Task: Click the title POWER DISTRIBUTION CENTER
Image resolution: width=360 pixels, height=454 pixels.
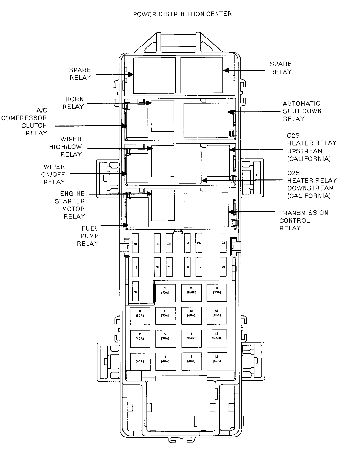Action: coord(182,14)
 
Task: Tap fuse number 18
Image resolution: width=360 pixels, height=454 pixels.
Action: coord(135,243)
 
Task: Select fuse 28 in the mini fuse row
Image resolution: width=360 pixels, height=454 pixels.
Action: coord(223,243)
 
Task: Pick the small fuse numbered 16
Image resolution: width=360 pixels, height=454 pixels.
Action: coord(135,291)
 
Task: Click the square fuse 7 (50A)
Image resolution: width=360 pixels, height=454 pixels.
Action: coord(165,293)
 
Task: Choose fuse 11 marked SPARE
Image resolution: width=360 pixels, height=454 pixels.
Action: coord(191,293)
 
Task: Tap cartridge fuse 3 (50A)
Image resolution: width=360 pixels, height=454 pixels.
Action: coord(140,316)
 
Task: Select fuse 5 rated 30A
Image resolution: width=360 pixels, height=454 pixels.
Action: coord(165,339)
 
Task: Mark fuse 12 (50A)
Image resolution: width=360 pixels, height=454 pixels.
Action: coord(217,361)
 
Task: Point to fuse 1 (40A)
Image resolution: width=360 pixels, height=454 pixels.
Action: coord(140,361)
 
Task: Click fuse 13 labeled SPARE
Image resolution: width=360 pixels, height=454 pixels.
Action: coord(217,338)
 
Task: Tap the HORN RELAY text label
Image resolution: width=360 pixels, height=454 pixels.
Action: coord(73,103)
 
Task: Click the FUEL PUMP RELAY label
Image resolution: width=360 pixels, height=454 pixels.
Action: coord(88,236)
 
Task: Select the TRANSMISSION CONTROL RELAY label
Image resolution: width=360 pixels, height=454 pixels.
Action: coord(303,220)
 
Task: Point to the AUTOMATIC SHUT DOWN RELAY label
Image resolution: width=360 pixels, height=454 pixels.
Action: coord(302,111)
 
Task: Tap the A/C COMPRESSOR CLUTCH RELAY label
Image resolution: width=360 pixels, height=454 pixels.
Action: coord(28,122)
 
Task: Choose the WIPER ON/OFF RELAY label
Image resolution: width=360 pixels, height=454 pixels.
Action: coord(54,174)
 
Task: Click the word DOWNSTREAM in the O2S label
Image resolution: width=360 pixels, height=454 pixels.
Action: coord(310,188)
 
